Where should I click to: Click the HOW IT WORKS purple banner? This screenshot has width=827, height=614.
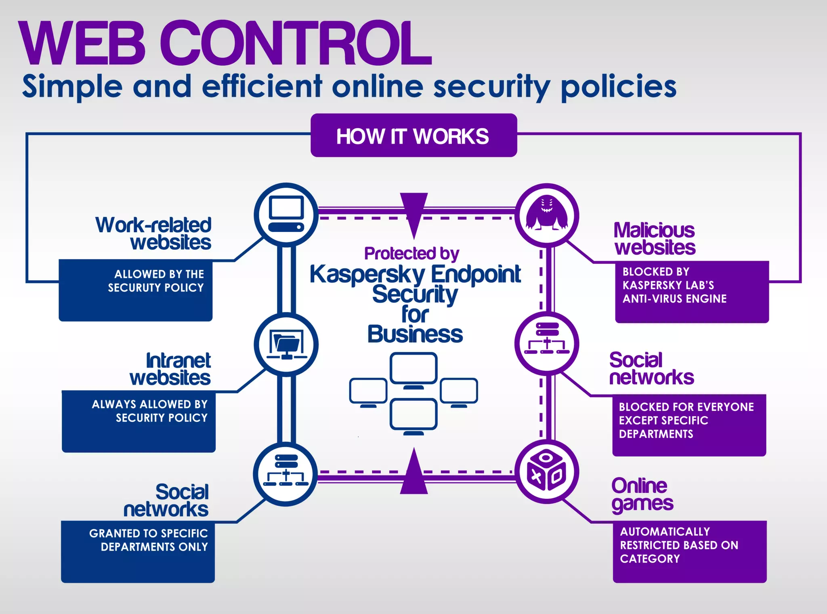point(413,136)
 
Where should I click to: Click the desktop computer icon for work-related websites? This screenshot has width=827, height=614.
point(286,214)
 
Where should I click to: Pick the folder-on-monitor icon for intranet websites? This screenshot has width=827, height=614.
point(286,344)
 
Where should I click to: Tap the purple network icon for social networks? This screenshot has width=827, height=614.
point(547,343)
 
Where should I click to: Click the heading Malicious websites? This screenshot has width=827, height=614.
point(654,239)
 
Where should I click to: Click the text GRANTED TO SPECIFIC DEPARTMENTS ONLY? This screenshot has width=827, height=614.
point(149,540)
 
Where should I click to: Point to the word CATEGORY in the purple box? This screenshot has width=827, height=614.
point(650,559)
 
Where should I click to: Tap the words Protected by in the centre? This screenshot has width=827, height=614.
point(411,254)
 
